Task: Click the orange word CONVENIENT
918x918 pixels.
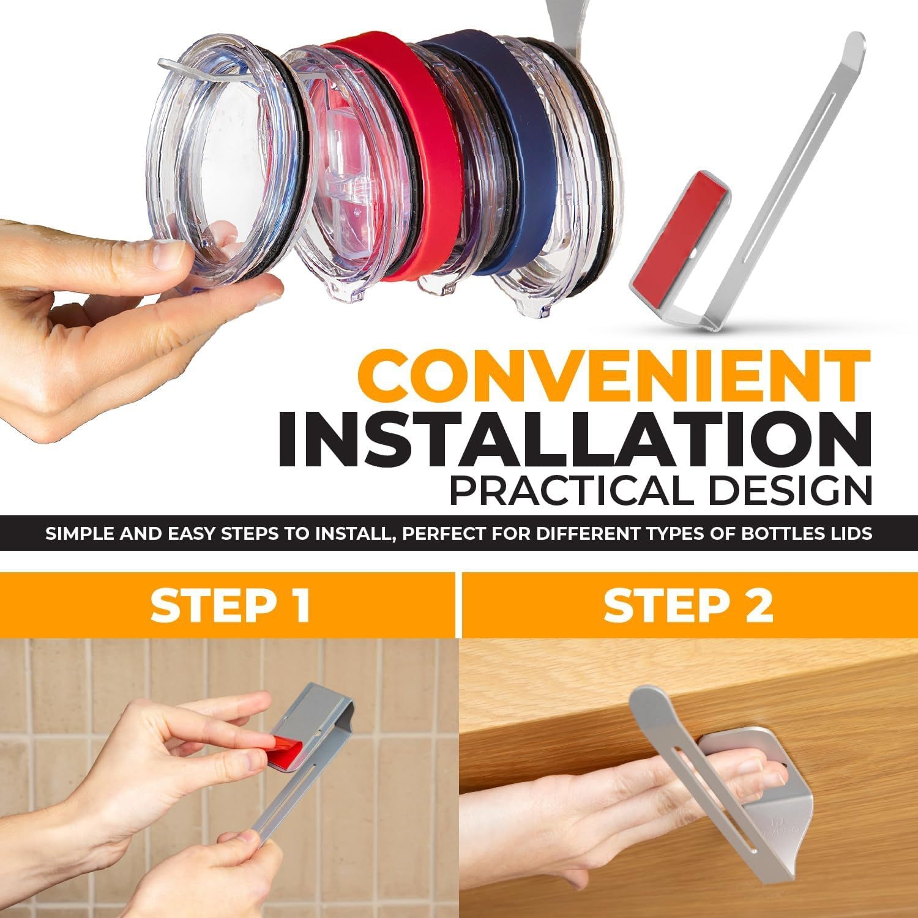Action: click(621, 376)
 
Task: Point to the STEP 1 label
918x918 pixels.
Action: click(230, 605)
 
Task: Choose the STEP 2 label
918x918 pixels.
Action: click(689, 605)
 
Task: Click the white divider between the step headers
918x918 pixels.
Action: click(457, 605)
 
